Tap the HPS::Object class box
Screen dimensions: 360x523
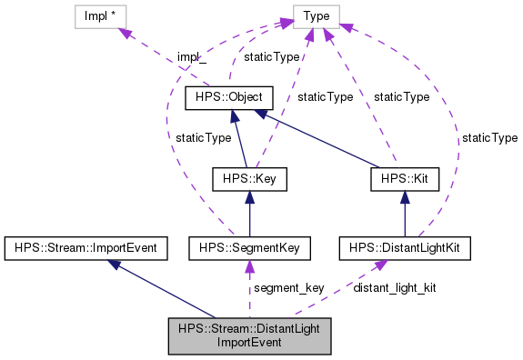coord(224,97)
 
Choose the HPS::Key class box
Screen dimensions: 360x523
coord(249,179)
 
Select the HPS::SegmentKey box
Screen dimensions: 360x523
coord(249,247)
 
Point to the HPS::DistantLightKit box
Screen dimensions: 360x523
coord(404,247)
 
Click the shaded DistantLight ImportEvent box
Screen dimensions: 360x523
coord(249,336)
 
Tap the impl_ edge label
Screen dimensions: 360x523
coord(191,56)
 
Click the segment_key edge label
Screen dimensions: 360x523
coord(288,288)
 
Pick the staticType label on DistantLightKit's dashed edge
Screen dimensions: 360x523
coord(488,138)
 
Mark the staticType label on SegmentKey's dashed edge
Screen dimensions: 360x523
coord(202,138)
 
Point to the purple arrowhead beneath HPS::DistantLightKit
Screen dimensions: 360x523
coord(380,265)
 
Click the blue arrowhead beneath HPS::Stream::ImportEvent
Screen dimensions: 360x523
coord(114,264)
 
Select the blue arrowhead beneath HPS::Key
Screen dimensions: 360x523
coord(249,196)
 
